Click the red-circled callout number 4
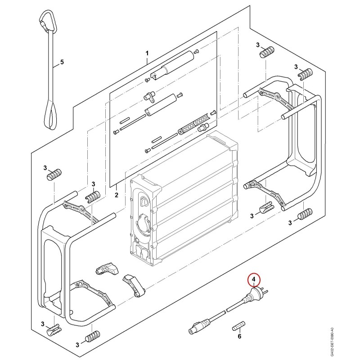click(253, 279)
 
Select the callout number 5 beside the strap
click(62, 62)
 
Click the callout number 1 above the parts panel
click(147, 54)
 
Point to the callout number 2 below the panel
click(117, 195)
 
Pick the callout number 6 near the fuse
click(239, 336)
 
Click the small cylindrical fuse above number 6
click(239, 325)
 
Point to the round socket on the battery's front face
click(143, 220)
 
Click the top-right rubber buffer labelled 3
click(267, 52)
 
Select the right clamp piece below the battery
click(134, 286)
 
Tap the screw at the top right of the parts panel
click(196, 52)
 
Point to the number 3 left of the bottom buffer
click(77, 345)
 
